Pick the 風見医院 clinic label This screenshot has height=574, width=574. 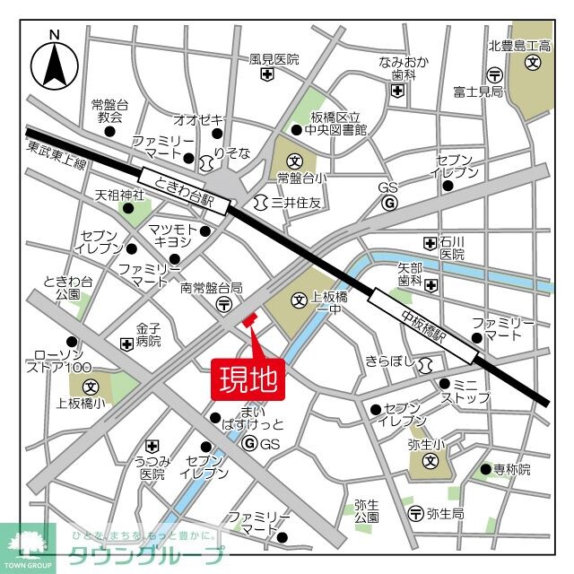(x=274, y=59)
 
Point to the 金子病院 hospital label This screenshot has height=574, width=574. (x=149, y=335)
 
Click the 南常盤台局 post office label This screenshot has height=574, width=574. (x=212, y=288)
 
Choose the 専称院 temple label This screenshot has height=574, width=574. (x=512, y=469)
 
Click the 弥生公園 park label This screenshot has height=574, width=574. (x=366, y=510)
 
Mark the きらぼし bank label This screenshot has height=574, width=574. (x=393, y=361)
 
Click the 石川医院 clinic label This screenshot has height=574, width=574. (x=452, y=248)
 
